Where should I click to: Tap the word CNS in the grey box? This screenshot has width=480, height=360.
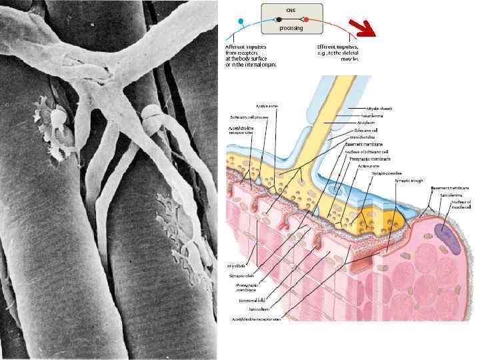pos(291,9)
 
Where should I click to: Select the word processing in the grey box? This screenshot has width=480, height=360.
pos(291,28)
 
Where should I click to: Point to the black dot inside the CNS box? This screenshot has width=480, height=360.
pos(279,19)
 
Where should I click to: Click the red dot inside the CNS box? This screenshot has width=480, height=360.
pos(305,19)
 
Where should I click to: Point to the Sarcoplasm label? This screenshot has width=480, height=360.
pos(250,310)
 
